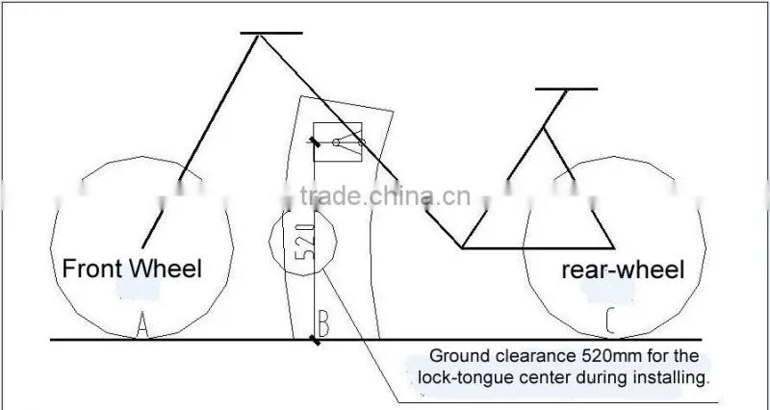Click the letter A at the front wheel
pyautogui.click(x=141, y=324)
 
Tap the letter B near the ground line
pyautogui.click(x=323, y=322)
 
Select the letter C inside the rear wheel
pyautogui.click(x=610, y=320)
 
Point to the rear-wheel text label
pyautogui.click(x=623, y=270)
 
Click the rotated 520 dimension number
pyautogui.click(x=304, y=241)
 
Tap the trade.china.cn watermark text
pyautogui.click(x=386, y=196)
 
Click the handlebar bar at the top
pyautogui.click(x=271, y=33)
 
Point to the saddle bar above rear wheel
pyautogui.click(x=566, y=89)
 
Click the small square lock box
pyautogui.click(x=338, y=141)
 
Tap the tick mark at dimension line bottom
pyautogui.click(x=315, y=340)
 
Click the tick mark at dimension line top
pyautogui.click(x=315, y=142)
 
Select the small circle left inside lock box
pyautogui.click(x=336, y=142)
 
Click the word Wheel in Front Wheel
pyautogui.click(x=167, y=269)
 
